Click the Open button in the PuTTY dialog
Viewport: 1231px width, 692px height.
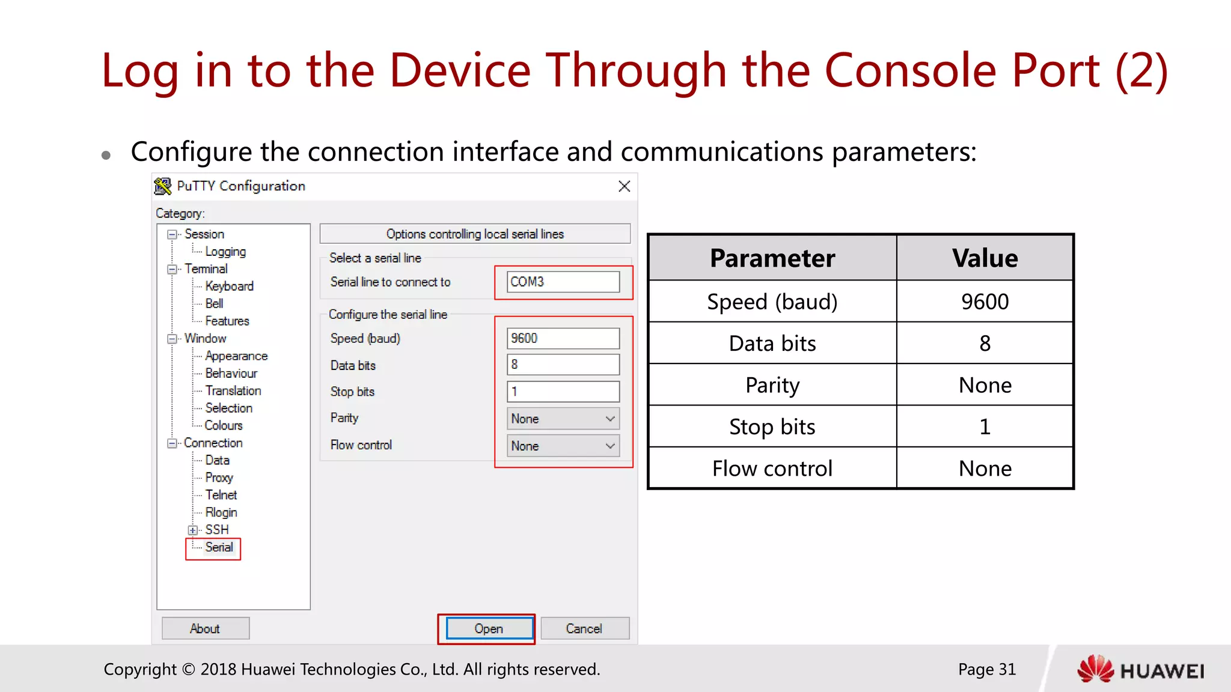[x=489, y=628]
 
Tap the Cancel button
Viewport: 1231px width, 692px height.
[x=584, y=628]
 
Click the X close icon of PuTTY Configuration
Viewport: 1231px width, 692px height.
[x=624, y=186]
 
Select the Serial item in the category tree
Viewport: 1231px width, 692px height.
[x=219, y=547]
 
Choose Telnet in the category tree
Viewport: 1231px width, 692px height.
[x=221, y=495]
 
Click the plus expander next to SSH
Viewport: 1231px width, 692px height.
[x=192, y=530]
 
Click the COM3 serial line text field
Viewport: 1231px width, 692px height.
[x=563, y=282]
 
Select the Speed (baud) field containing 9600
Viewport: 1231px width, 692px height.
[x=563, y=338]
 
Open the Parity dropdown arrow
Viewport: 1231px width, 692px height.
[x=610, y=419]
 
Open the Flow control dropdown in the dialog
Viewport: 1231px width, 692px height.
[x=563, y=446]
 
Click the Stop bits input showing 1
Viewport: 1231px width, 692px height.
[x=563, y=392]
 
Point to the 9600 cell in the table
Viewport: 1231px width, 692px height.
[x=985, y=302]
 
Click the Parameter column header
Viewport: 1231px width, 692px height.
[x=772, y=258]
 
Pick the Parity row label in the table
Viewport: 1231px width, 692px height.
[x=772, y=385]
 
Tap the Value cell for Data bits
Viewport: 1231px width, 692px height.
[x=985, y=344]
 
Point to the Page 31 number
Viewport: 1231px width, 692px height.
[x=986, y=669]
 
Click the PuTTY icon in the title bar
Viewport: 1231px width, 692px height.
[x=163, y=186]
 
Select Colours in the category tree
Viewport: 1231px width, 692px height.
[x=224, y=425]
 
